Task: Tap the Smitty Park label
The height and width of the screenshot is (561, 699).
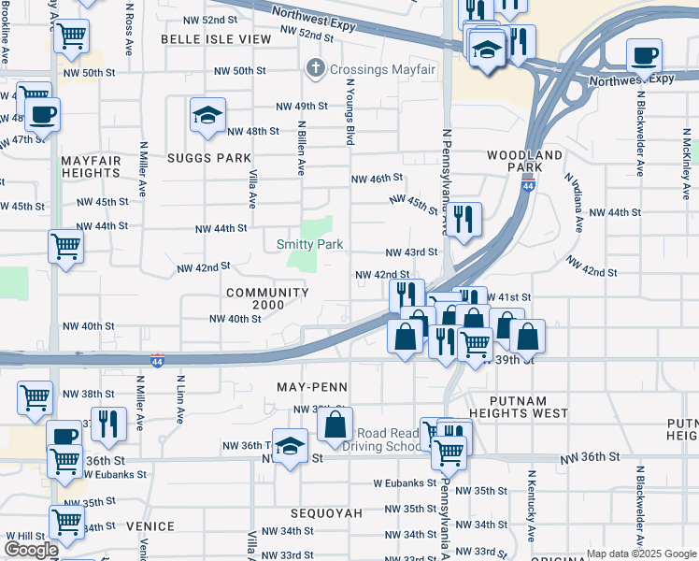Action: click(309, 244)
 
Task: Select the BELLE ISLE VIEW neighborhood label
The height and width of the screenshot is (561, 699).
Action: click(216, 39)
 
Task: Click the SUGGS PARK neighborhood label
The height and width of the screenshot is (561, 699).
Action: click(209, 158)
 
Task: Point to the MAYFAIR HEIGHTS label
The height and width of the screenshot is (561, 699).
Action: click(91, 167)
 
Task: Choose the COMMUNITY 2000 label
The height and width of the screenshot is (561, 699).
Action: click(267, 299)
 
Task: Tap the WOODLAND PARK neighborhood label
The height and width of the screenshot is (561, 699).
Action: click(525, 161)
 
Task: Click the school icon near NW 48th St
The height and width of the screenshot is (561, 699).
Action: click(207, 115)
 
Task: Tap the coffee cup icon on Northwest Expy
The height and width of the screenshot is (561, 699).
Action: click(644, 55)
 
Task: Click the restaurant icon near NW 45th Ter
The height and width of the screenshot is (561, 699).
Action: click(464, 220)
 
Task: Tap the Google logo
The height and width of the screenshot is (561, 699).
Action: click(31, 550)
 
